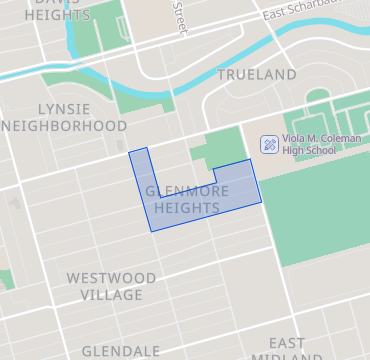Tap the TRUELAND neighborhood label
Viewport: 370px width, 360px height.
tap(257, 75)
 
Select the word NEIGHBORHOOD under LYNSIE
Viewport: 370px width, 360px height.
tap(66, 126)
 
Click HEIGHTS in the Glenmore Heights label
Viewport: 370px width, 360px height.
tap(187, 207)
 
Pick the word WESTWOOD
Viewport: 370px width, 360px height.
tap(111, 277)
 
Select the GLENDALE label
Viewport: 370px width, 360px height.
tap(120, 351)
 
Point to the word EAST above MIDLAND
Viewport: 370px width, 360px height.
tap(287, 343)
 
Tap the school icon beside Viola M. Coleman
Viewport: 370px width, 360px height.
tap(268, 144)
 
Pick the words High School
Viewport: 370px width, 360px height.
tap(310, 150)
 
